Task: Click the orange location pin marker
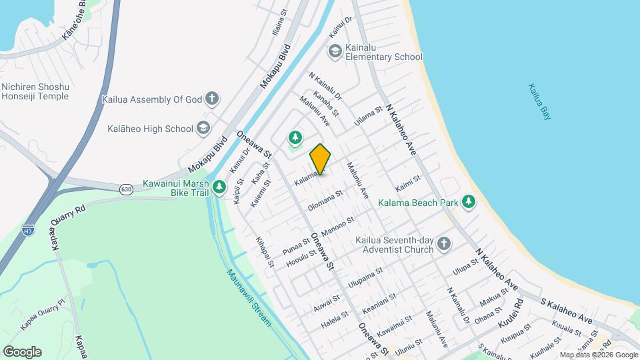pyautogui.click(x=320, y=159)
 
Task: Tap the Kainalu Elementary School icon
pyautogui.click(x=335, y=51)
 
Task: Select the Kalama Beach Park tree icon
pyautogui.click(x=469, y=202)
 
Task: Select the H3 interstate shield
pyautogui.click(x=27, y=231)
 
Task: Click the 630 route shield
pyautogui.click(x=125, y=190)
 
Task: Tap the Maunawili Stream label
pyautogui.click(x=249, y=297)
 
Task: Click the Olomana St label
pyautogui.click(x=325, y=201)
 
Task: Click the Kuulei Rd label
pyautogui.click(x=511, y=323)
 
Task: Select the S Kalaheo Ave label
pyautogui.click(x=566, y=311)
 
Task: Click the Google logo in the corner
pyautogui.click(x=22, y=351)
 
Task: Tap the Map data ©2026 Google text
pyautogui.click(x=598, y=355)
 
